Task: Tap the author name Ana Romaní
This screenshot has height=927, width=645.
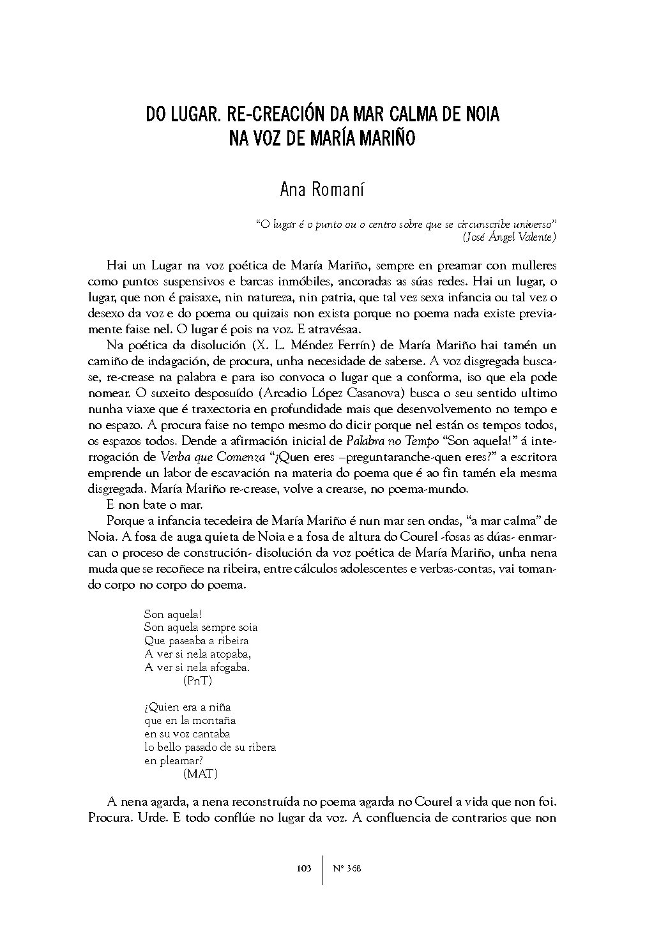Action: [x=322, y=190]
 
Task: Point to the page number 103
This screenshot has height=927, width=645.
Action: [x=304, y=868]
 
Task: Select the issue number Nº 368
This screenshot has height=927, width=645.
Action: [x=347, y=868]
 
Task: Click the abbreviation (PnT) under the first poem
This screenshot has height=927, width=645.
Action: [x=197, y=681]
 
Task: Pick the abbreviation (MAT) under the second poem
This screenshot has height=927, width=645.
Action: [x=200, y=774]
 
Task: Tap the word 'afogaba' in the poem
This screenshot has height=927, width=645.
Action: [x=227, y=668]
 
